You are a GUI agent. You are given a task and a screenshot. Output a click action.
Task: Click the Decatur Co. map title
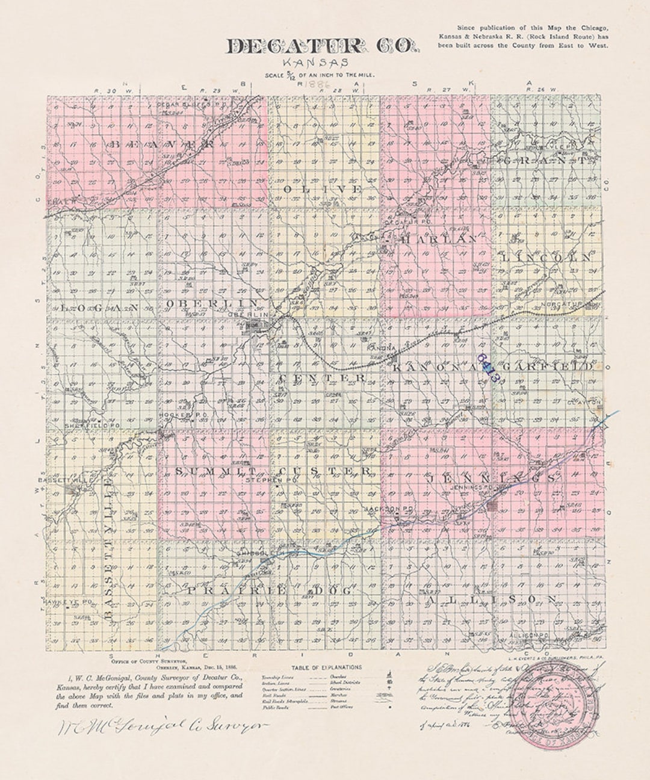tap(320, 47)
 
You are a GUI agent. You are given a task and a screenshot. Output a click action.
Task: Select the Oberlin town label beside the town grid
tap(248, 314)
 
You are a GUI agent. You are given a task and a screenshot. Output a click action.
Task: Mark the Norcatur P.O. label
tap(562, 305)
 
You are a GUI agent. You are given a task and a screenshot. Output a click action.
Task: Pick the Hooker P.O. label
tap(174, 415)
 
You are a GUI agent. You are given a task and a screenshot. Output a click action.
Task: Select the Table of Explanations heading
tap(326, 667)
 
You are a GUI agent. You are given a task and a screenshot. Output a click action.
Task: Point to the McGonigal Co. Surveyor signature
tap(162, 726)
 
